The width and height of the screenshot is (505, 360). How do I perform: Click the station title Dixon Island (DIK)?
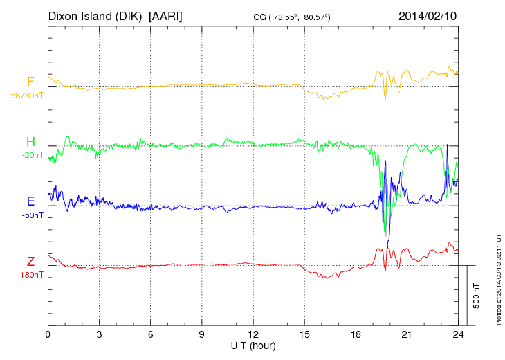pos(95,15)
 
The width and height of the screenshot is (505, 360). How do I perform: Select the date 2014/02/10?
pos(428,15)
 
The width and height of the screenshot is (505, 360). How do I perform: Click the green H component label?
pos(30,142)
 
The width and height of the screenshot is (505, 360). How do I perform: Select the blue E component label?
pos(30,201)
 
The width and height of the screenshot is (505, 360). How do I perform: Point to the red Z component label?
pos(30,262)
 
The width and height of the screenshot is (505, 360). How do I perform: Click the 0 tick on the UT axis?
pos(48,334)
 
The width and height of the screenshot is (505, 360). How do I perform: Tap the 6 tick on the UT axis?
pos(151,334)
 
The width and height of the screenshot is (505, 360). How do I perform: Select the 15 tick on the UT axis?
pos(304,334)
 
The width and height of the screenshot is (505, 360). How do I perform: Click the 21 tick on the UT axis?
pos(407,334)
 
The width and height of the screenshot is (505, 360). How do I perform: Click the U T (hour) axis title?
pos(253,345)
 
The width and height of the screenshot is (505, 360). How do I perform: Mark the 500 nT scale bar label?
pos(477,295)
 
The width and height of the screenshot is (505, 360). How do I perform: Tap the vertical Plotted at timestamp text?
pos(498,277)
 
